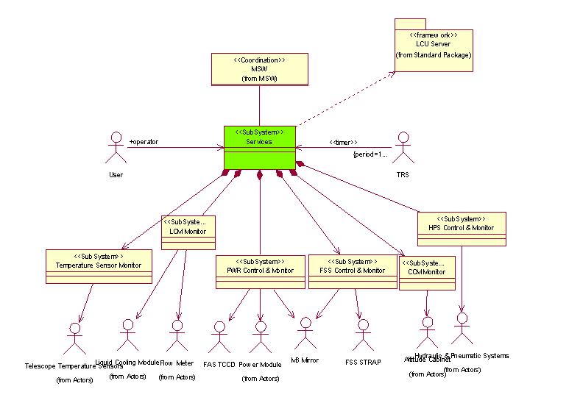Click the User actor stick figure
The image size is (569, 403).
click(115, 149)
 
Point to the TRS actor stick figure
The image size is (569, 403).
click(402, 149)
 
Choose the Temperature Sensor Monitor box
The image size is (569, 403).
click(99, 265)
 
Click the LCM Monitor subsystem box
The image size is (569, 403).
click(188, 232)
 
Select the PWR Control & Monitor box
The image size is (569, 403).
click(260, 271)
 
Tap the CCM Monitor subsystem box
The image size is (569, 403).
click(426, 272)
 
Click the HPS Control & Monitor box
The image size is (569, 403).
click(462, 229)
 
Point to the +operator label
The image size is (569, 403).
click(144, 141)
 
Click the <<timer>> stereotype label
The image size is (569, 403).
click(343, 142)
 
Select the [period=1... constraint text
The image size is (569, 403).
click(370, 154)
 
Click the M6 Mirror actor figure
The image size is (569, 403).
click(305, 335)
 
